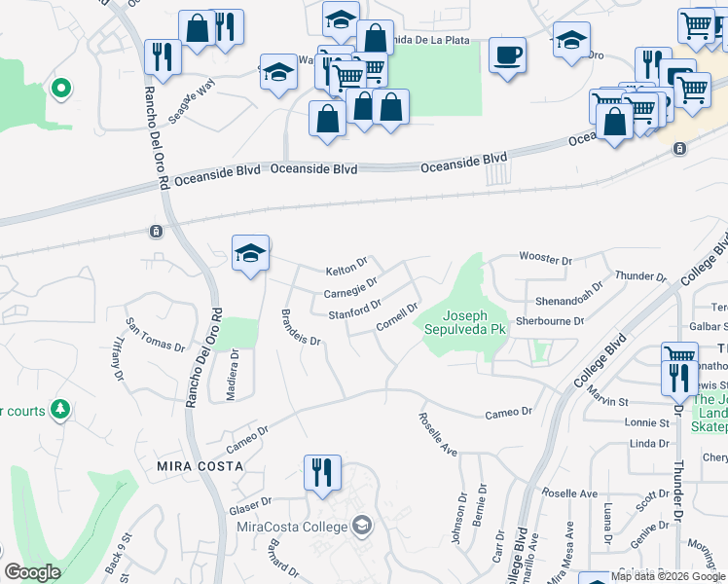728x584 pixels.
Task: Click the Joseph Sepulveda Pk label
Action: pyautogui.click(x=475, y=322)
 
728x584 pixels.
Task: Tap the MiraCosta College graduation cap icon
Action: pyautogui.click(x=361, y=527)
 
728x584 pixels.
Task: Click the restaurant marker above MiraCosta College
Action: pyautogui.click(x=321, y=472)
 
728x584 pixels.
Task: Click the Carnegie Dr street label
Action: pyautogui.click(x=350, y=289)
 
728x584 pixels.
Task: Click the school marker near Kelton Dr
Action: pyautogui.click(x=251, y=255)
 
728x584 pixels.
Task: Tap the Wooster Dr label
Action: pyautogui.click(x=545, y=259)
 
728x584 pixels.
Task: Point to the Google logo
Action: pyautogui.click(x=32, y=571)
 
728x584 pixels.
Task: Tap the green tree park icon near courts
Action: pyautogui.click(x=61, y=408)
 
